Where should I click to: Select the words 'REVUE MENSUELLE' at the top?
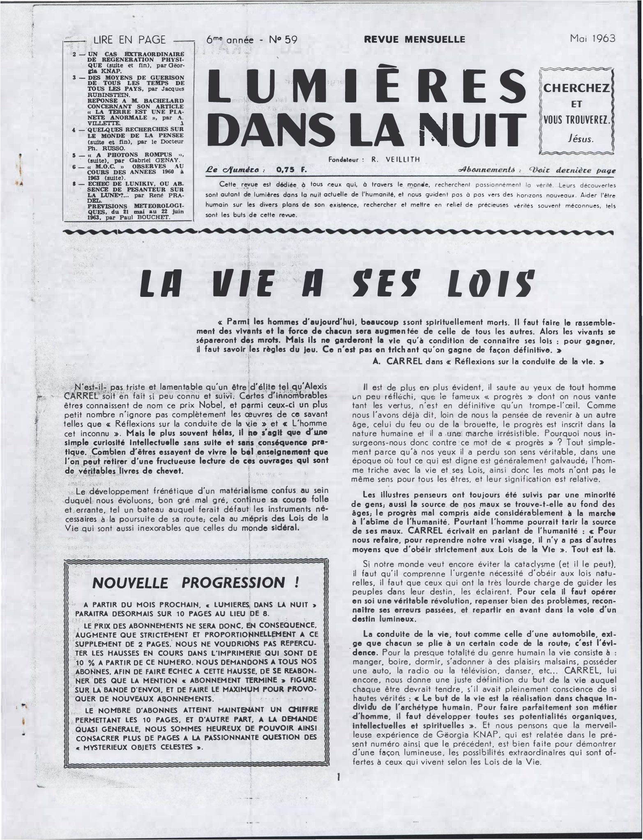(414, 39)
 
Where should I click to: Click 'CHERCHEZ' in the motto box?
(576, 88)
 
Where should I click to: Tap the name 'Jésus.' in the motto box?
(576, 139)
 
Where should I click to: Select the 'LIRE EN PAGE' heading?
(129, 40)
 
